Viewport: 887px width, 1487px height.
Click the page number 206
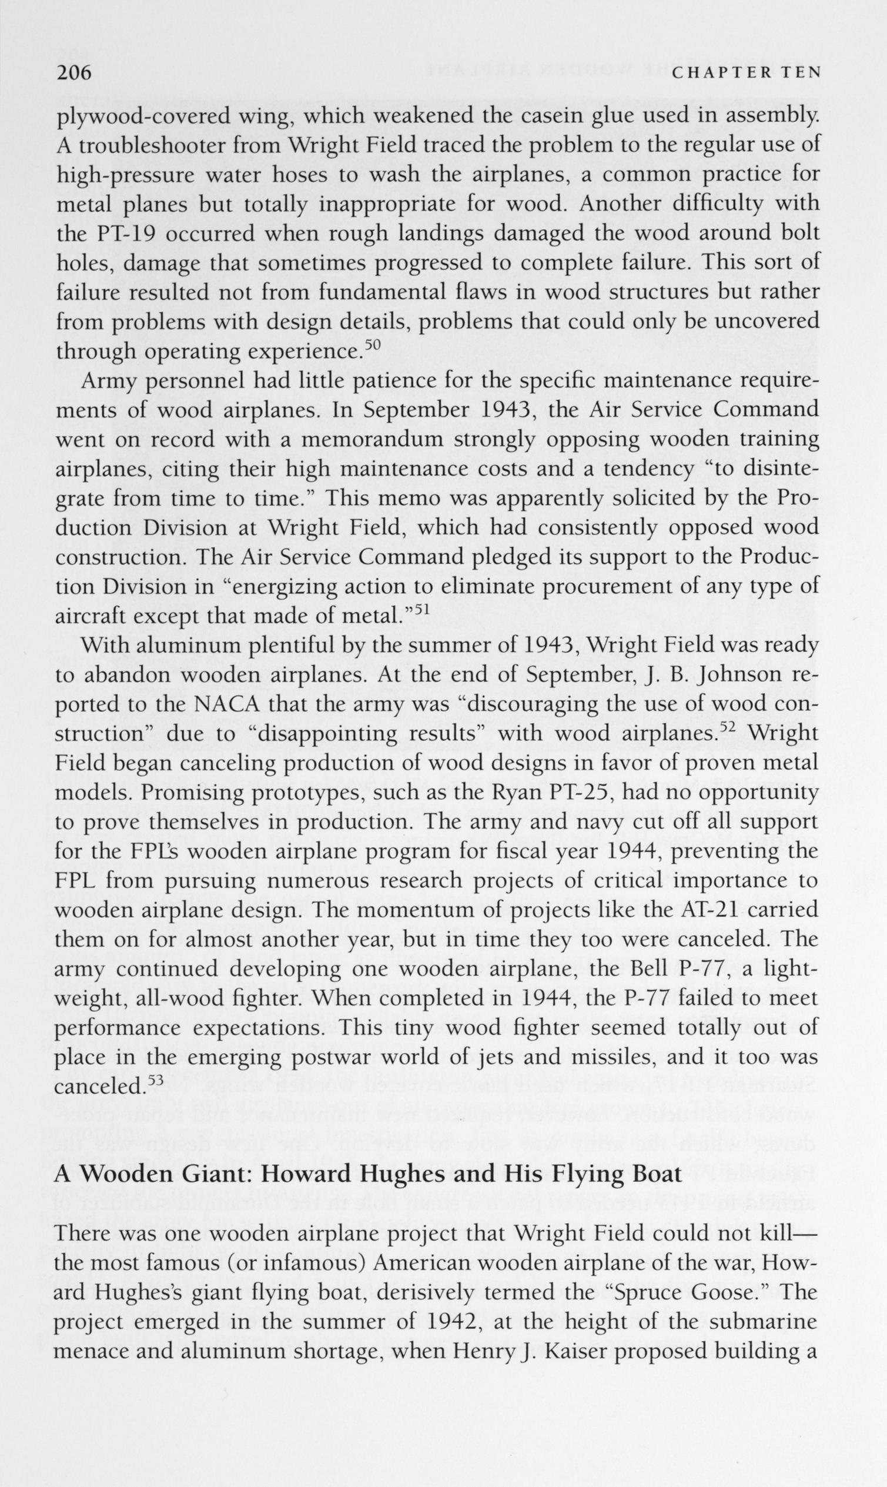[x=73, y=72]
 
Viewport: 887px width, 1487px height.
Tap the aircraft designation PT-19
[x=126, y=234]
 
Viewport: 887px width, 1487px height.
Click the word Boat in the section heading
[x=656, y=1173]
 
